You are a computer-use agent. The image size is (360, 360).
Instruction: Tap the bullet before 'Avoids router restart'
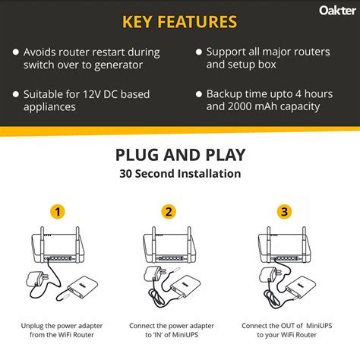coord(15,52)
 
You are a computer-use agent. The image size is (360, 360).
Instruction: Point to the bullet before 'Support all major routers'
coord(199,52)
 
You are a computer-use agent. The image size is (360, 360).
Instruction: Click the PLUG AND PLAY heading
coord(180,155)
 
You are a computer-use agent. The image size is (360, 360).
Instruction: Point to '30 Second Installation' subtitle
coord(180,174)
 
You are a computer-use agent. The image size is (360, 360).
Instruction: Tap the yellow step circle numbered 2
coord(169,211)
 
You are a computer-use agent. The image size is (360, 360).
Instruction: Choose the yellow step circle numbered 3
coord(284,211)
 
